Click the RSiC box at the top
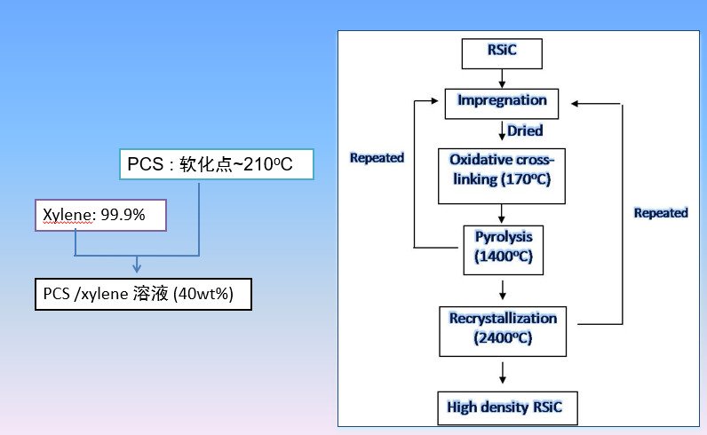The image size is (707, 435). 501,54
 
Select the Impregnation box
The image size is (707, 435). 501,102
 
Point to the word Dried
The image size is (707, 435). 525,131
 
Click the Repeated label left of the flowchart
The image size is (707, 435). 377,158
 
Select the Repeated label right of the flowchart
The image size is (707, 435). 661,213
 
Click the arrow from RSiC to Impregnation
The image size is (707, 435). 500,77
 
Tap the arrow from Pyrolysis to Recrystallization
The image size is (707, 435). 503,289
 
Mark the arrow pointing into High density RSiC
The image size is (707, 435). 503,373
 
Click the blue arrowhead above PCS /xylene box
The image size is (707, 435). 136,266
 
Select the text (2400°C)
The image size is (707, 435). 502,338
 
